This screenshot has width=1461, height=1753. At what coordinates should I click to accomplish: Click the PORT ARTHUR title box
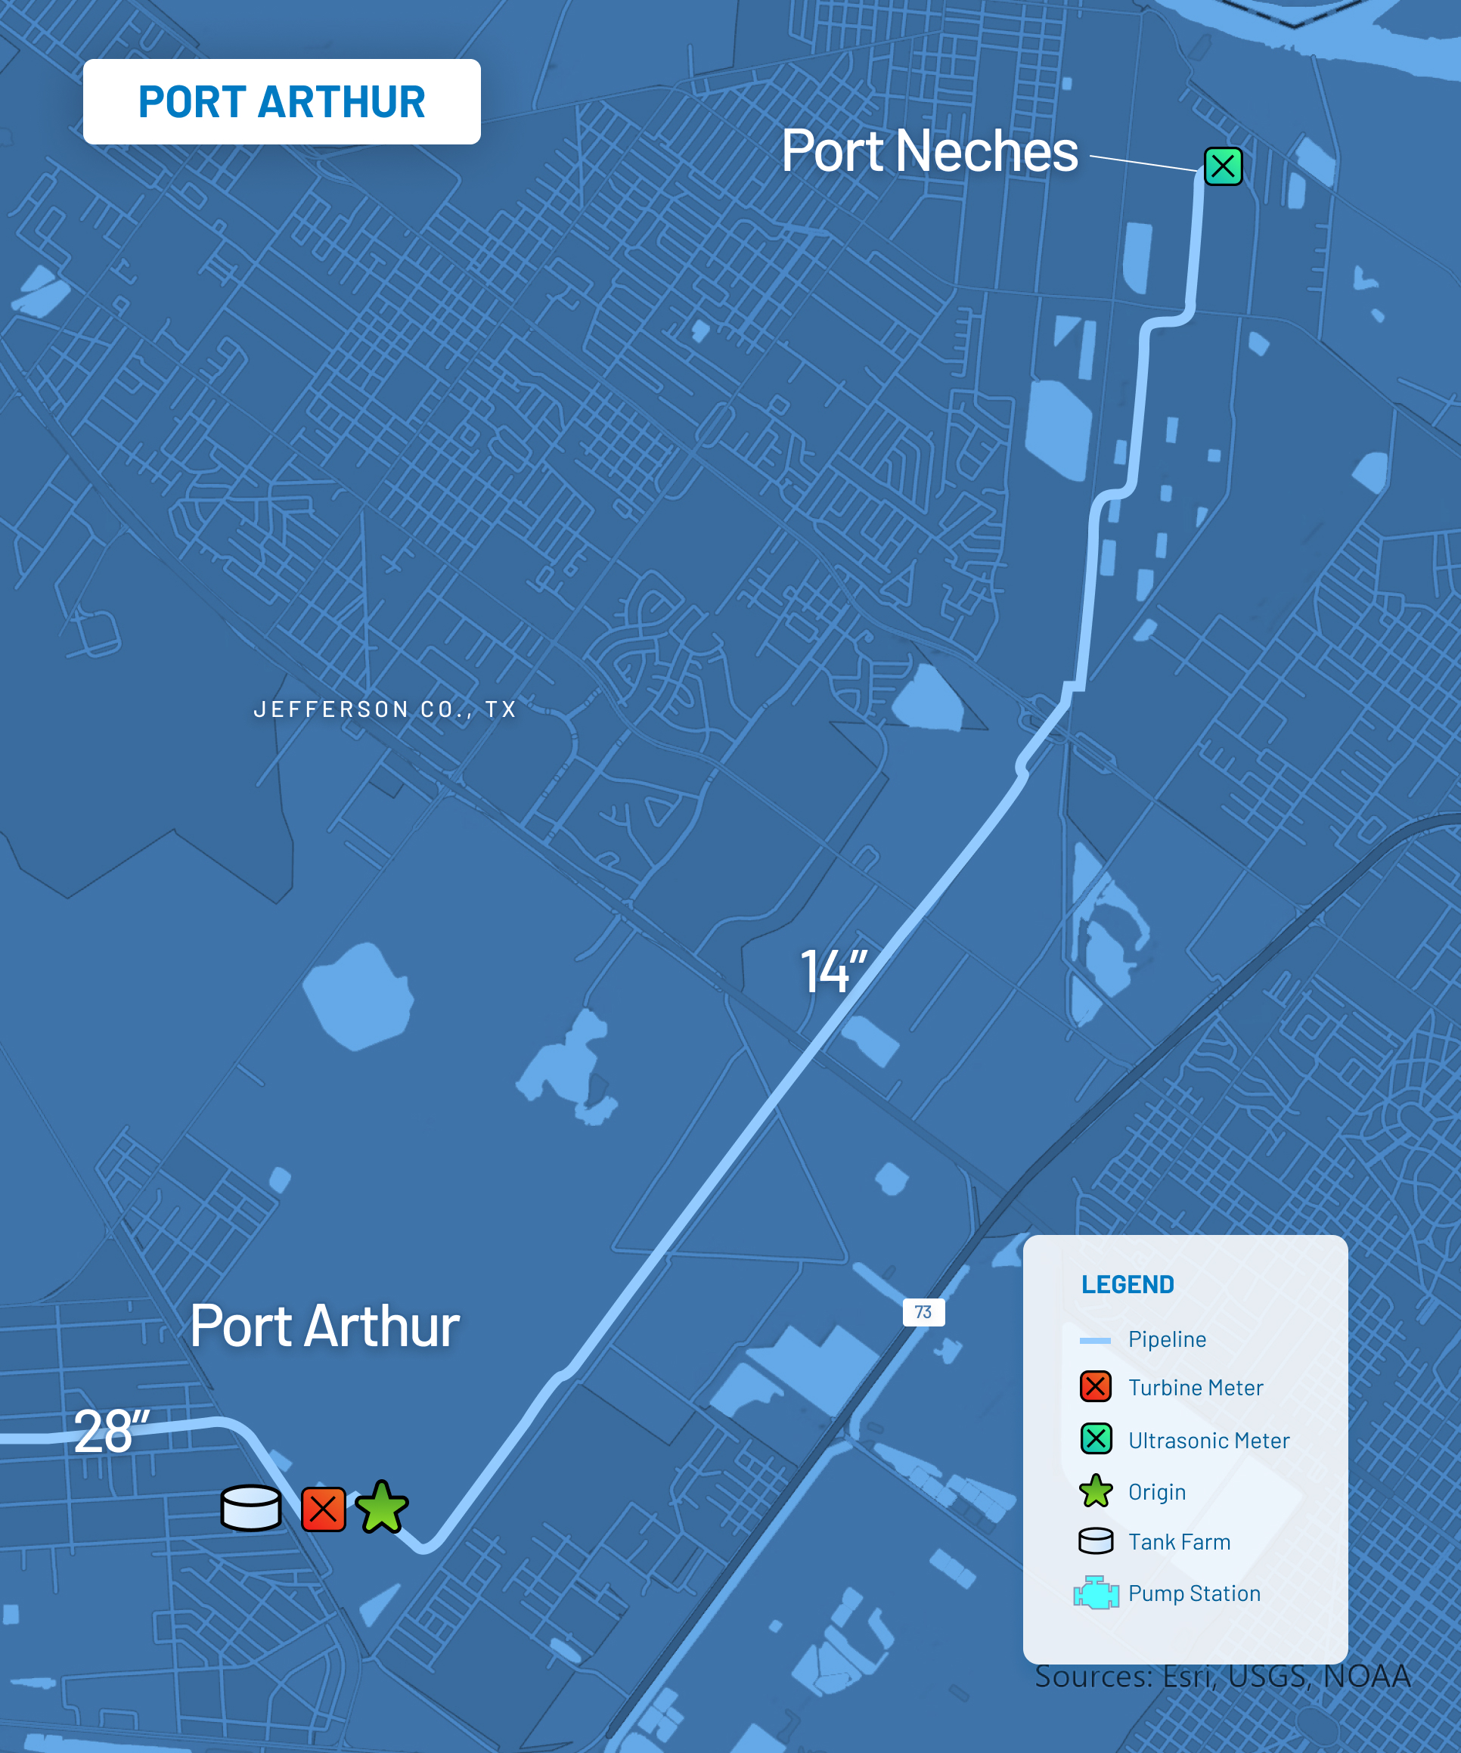pyautogui.click(x=281, y=102)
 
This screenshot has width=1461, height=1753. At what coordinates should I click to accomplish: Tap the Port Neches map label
pyautogui.click(x=929, y=152)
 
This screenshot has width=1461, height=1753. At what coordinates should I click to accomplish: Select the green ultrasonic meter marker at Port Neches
pyautogui.click(x=1222, y=166)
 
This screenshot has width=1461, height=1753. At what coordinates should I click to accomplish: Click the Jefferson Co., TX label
pyautogui.click(x=385, y=709)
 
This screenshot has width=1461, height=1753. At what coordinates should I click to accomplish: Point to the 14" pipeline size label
pyautogui.click(x=833, y=972)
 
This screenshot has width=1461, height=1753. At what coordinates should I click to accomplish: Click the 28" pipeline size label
pyautogui.click(x=111, y=1431)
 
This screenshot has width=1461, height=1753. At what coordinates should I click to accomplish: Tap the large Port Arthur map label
pyautogui.click(x=324, y=1326)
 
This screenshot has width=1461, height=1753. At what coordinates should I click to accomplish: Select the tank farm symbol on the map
pyautogui.click(x=250, y=1507)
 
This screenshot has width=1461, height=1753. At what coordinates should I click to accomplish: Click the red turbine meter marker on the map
pyautogui.click(x=323, y=1509)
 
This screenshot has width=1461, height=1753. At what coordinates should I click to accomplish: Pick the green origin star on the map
pyautogui.click(x=382, y=1507)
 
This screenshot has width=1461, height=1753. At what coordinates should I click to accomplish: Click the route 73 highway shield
pyautogui.click(x=923, y=1312)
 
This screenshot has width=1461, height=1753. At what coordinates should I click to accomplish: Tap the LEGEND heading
pyautogui.click(x=1127, y=1285)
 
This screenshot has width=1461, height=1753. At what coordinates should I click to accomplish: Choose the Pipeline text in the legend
pyautogui.click(x=1166, y=1340)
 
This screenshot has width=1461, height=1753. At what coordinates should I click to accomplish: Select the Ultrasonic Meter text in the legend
pyautogui.click(x=1208, y=1441)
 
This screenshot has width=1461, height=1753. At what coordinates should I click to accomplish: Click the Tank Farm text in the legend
pyautogui.click(x=1179, y=1542)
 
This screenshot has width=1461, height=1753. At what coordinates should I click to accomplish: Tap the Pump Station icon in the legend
pyautogui.click(x=1095, y=1593)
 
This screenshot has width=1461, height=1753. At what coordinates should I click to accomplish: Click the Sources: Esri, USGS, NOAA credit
pyautogui.click(x=1222, y=1676)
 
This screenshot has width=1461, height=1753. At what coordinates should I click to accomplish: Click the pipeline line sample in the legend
pyautogui.click(x=1094, y=1341)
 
